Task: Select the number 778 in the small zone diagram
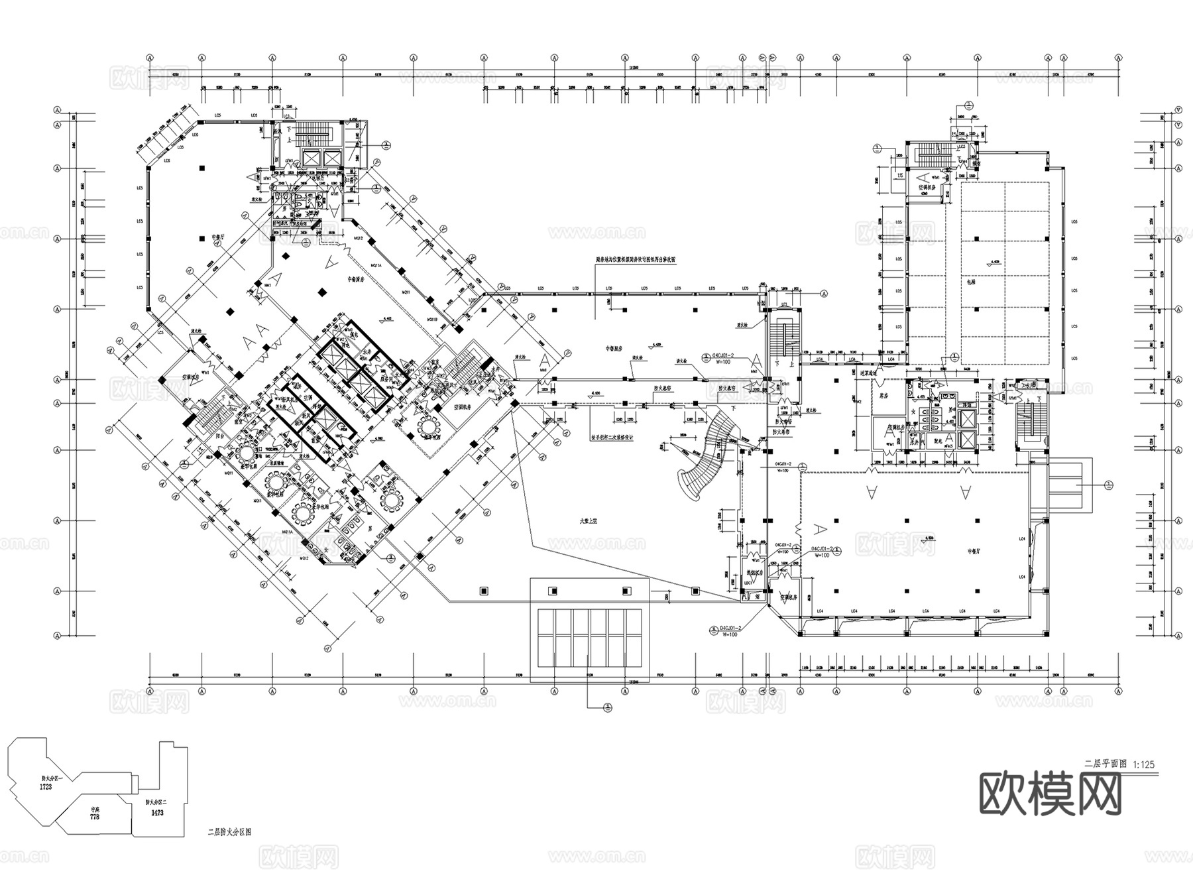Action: click(94, 817)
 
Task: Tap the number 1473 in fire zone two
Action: click(157, 812)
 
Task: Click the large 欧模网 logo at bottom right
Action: click(1051, 795)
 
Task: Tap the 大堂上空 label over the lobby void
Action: click(589, 522)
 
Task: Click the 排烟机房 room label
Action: click(755, 571)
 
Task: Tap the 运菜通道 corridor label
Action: click(868, 374)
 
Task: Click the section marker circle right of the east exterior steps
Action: click(1108, 486)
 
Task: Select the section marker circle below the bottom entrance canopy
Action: click(607, 708)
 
